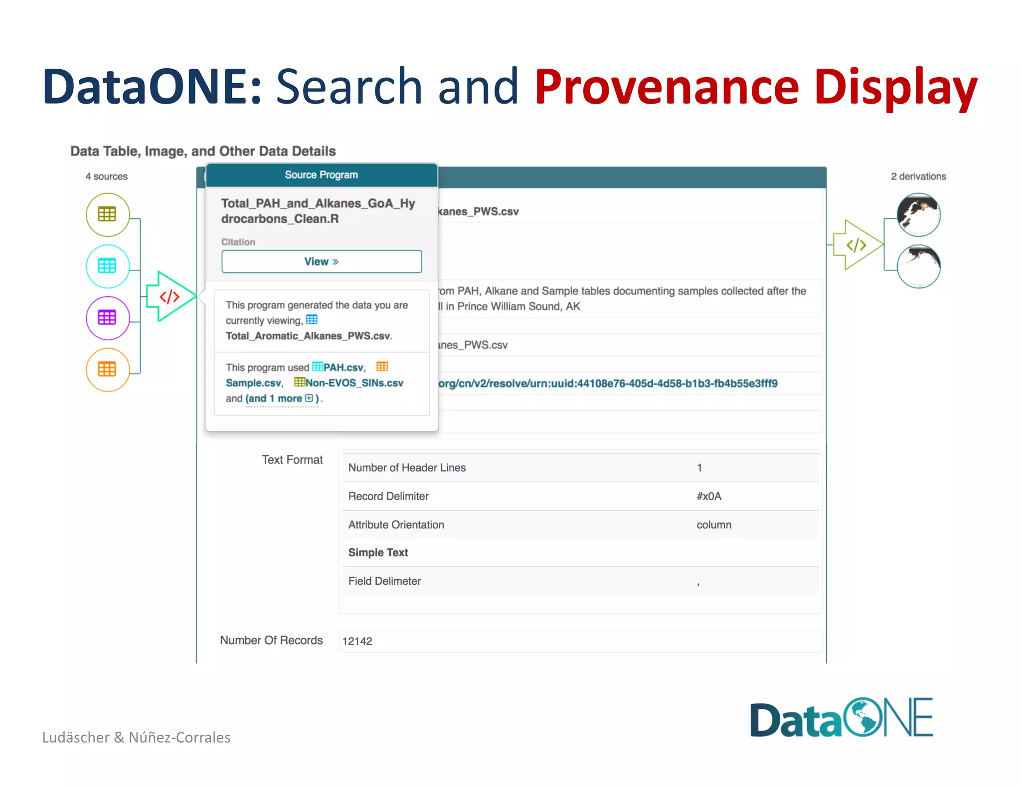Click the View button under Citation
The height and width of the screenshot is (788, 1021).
click(322, 262)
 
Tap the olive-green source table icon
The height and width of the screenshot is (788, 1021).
click(107, 215)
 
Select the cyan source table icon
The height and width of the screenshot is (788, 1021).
click(107, 266)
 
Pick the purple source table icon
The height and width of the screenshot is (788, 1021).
click(107, 318)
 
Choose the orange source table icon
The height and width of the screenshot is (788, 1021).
click(107, 370)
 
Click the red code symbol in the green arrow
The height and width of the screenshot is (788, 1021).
click(170, 297)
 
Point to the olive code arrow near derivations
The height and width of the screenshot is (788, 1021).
click(856, 245)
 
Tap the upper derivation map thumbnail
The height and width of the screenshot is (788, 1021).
click(918, 215)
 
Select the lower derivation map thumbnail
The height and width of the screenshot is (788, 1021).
click(918, 266)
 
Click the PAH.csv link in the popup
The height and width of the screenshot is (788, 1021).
click(343, 368)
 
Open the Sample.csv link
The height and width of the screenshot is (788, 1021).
click(253, 383)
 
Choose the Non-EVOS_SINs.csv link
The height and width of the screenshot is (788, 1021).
click(354, 383)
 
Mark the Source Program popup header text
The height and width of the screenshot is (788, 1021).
click(322, 175)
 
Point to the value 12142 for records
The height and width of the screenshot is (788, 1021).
click(357, 641)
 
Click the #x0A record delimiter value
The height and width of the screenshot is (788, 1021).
click(709, 496)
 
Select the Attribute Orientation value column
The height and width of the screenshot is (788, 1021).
click(714, 525)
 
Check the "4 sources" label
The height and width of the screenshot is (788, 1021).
click(107, 176)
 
